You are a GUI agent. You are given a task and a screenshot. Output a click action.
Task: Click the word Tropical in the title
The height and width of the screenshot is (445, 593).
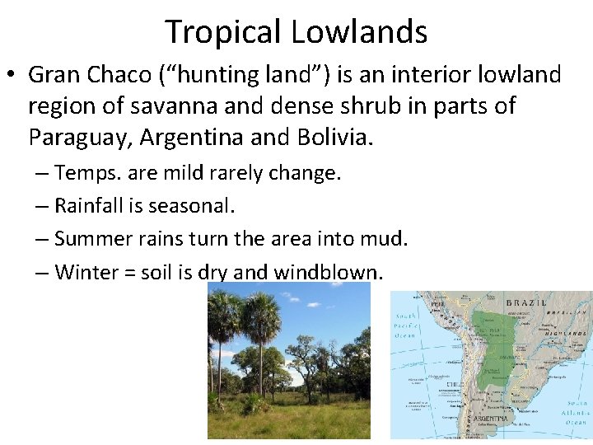[x=224, y=31]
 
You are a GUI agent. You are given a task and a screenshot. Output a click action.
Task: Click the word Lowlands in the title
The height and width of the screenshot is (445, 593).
[x=359, y=31]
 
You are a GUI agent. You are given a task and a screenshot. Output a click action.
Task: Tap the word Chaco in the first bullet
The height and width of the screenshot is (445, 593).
[x=128, y=75]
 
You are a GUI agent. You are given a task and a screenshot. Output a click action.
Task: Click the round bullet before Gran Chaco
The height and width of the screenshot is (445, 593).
[x=12, y=76]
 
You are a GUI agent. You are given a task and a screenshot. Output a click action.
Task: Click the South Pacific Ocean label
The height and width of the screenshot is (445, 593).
[x=406, y=326]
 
